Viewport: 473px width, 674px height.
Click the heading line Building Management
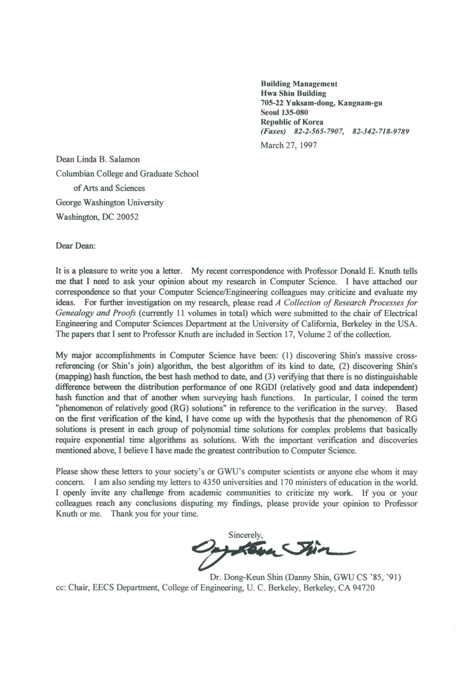(x=299, y=83)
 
